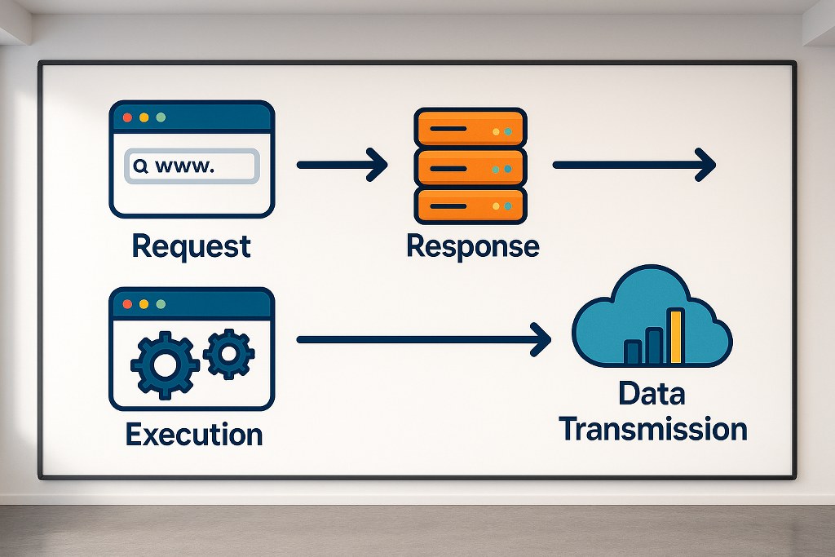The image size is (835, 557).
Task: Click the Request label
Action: pyautogui.click(x=191, y=245)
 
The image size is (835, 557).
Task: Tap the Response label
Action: pyautogui.click(x=473, y=245)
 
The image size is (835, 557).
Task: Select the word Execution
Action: pyautogui.click(x=194, y=433)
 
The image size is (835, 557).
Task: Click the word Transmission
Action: pyautogui.click(x=654, y=429)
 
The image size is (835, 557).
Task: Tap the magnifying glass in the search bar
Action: pyautogui.click(x=140, y=166)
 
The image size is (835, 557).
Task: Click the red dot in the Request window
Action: pyautogui.click(x=127, y=117)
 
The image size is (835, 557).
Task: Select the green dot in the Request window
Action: pyautogui.click(x=161, y=117)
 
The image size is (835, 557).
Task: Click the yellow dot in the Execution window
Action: pyautogui.click(x=144, y=304)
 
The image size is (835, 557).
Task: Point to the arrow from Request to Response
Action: pyautogui.click(x=342, y=166)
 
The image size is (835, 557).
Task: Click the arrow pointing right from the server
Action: pyautogui.click(x=634, y=166)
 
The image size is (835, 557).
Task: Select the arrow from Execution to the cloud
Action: pyautogui.click(x=424, y=338)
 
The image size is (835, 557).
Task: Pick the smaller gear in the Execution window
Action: pyautogui.click(x=228, y=353)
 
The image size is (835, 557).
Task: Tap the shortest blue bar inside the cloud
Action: pyautogui.click(x=633, y=351)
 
